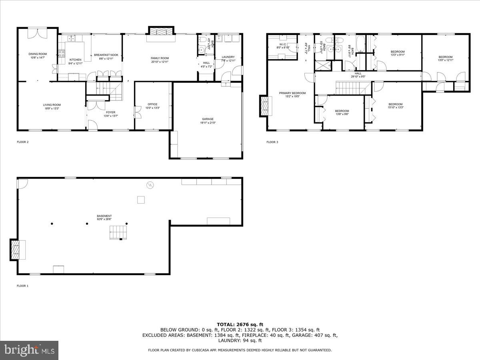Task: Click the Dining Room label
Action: click(x=37, y=54)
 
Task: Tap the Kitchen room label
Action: click(x=75, y=60)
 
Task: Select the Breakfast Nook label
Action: click(x=106, y=55)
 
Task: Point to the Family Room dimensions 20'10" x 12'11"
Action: click(x=160, y=62)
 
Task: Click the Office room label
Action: click(x=152, y=104)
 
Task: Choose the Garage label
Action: click(x=208, y=119)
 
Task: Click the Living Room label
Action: click(x=52, y=105)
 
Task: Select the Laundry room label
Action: click(x=228, y=57)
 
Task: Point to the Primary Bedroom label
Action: click(x=292, y=93)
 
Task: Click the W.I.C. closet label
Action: click(x=282, y=45)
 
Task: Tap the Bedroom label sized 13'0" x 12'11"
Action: click(x=444, y=57)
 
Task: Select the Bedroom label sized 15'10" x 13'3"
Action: click(x=395, y=104)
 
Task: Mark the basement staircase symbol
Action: click(x=118, y=232)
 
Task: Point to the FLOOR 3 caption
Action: click(x=272, y=142)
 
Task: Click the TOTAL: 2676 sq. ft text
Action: click(x=240, y=324)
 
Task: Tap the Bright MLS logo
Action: click(x=29, y=350)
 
